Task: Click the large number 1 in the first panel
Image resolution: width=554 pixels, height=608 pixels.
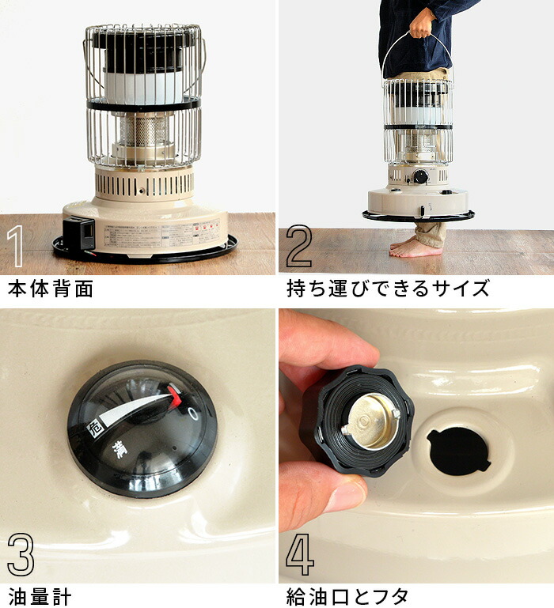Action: click(x=16, y=247)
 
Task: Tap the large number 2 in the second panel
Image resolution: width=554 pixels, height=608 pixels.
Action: click(x=298, y=247)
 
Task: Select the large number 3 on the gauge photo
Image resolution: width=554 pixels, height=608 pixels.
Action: click(x=20, y=557)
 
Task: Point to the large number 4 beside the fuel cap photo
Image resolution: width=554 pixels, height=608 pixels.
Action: click(x=300, y=557)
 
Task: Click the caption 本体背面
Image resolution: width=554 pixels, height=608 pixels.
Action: click(x=50, y=289)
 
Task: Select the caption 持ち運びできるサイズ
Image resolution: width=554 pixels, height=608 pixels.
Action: click(x=388, y=289)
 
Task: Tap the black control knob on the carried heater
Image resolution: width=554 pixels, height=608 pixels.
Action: click(x=421, y=176)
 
